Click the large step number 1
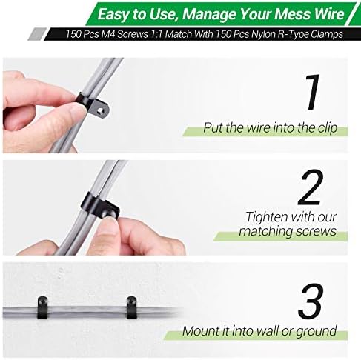(312, 93)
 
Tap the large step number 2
(311, 187)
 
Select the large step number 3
(311, 301)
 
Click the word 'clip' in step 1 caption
(327, 128)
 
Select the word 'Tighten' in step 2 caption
(267, 217)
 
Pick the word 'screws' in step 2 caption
(317, 231)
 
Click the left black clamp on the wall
(42, 308)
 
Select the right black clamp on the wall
(131, 307)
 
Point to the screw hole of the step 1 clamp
(101, 111)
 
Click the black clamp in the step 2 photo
(100, 205)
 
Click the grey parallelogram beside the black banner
(37, 34)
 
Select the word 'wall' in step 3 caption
(268, 330)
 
